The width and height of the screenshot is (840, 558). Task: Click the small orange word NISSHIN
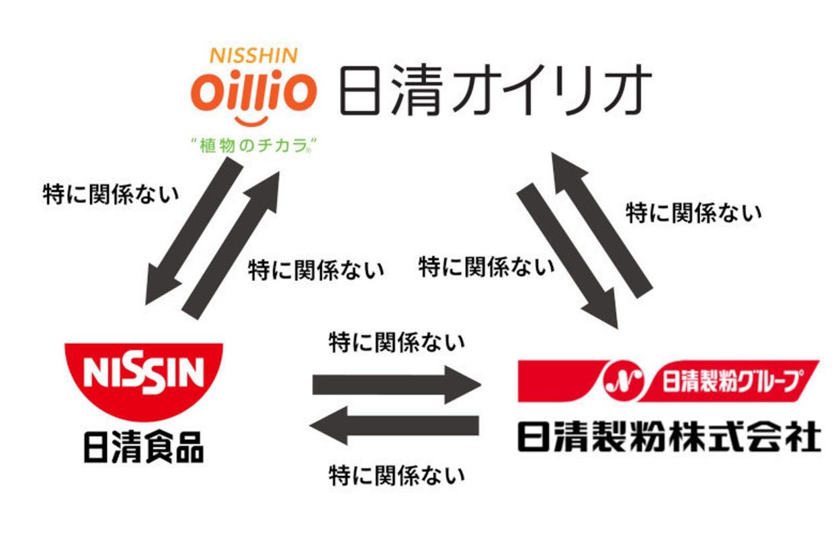coord(254,55)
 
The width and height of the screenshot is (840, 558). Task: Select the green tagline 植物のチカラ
coord(254,145)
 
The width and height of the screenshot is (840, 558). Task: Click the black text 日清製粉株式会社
coord(669,437)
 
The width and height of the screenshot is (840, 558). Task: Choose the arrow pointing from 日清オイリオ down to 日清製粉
coord(568,255)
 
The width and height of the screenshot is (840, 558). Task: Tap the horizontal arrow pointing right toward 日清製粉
coord(396,385)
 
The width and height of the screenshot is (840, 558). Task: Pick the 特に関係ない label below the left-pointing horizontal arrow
coord(396,476)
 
